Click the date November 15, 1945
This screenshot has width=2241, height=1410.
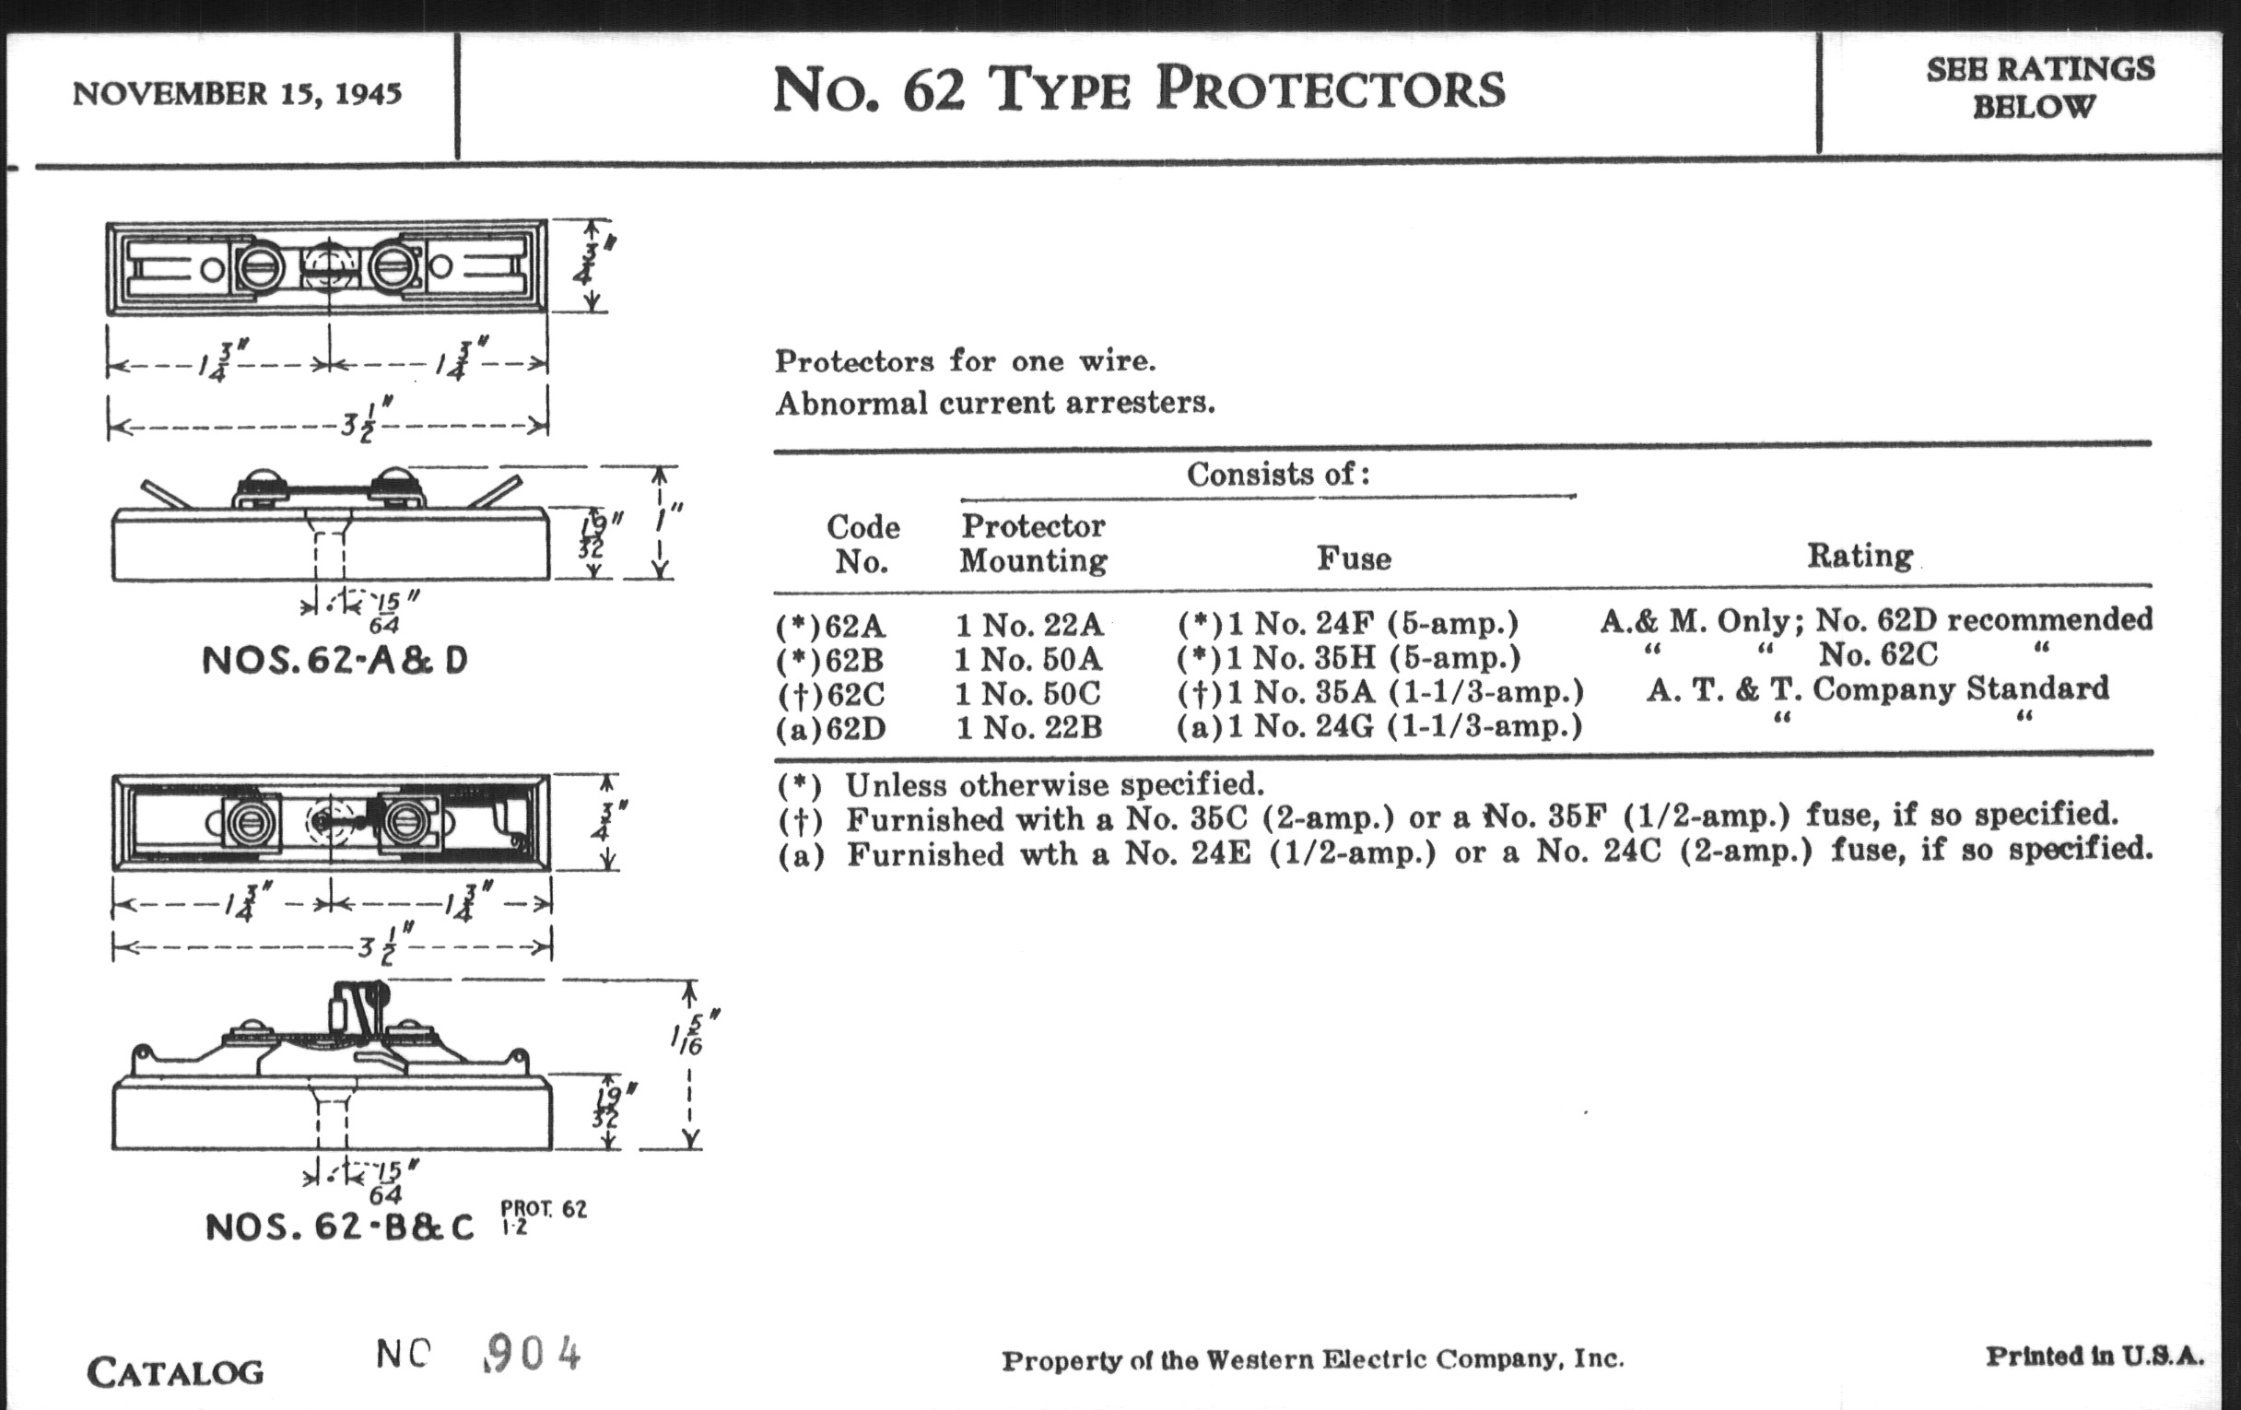pyautogui.click(x=237, y=94)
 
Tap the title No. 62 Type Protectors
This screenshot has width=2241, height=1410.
pyautogui.click(x=1138, y=90)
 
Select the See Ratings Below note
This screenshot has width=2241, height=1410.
pyautogui.click(x=2039, y=88)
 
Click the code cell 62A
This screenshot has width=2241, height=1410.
pyautogui.click(x=832, y=626)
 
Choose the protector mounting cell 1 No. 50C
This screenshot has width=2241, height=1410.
pyautogui.click(x=1028, y=693)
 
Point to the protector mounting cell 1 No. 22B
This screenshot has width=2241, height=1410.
pyautogui.click(x=1029, y=727)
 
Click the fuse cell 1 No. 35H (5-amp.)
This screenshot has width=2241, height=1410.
pyautogui.click(x=1348, y=659)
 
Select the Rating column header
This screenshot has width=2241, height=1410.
pyautogui.click(x=1860, y=557)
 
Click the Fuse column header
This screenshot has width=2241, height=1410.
pyautogui.click(x=1355, y=558)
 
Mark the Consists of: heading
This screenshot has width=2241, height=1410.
pyautogui.click(x=1278, y=475)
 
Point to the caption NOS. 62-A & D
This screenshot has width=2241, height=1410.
pyautogui.click(x=335, y=661)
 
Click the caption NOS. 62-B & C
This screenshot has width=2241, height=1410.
pyautogui.click(x=340, y=1227)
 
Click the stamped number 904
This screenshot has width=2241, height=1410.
pyautogui.click(x=534, y=1354)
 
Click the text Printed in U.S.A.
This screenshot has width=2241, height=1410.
pyautogui.click(x=2094, y=1356)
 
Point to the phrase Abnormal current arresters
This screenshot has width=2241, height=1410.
pyautogui.click(x=995, y=403)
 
